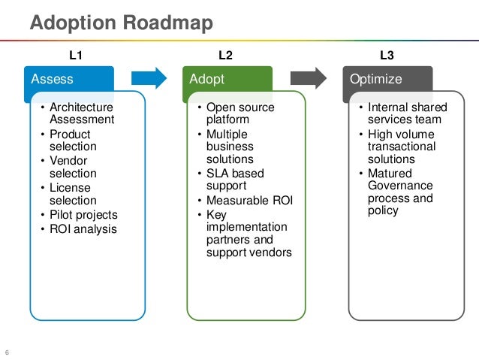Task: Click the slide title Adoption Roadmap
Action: [122, 23]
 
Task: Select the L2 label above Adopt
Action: [225, 55]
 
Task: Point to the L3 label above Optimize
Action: [387, 55]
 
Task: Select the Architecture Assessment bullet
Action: [81, 113]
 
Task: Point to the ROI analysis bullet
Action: [83, 228]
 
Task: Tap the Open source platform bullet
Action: [239, 113]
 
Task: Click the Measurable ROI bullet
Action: [249, 201]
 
